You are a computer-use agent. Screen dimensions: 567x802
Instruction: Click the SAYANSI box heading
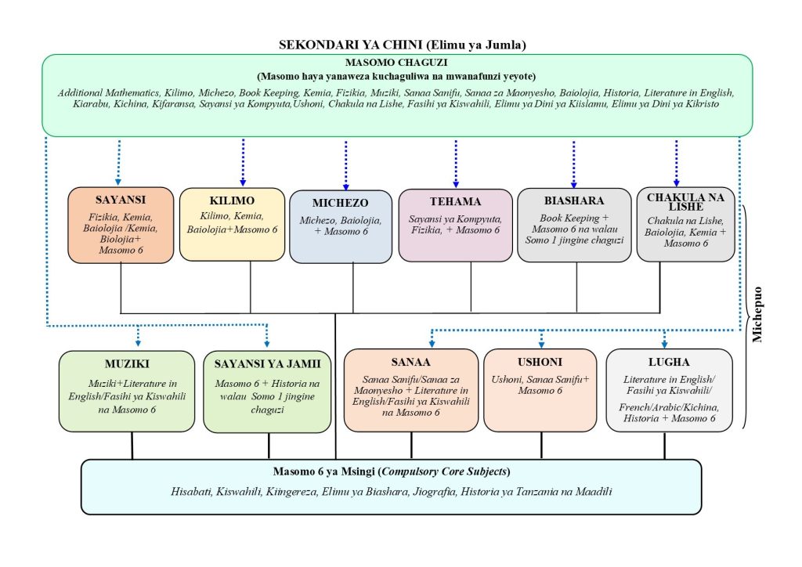121,200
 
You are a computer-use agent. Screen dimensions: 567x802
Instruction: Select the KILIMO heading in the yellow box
231,200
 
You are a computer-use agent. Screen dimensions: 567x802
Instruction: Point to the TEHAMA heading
455,201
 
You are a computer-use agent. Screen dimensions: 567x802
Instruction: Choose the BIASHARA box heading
574,200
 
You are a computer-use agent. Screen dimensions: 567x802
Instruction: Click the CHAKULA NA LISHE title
685,200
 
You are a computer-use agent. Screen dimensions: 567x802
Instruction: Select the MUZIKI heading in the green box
126,363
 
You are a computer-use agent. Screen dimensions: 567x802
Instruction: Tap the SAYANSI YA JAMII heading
267,363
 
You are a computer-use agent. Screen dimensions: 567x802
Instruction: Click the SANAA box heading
410,362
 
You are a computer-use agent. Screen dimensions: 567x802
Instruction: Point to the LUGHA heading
669,363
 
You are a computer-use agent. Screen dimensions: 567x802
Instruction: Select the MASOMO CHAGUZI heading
396,63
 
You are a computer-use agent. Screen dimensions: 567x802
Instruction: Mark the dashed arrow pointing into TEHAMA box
456,164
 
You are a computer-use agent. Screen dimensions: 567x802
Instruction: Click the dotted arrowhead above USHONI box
541,343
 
